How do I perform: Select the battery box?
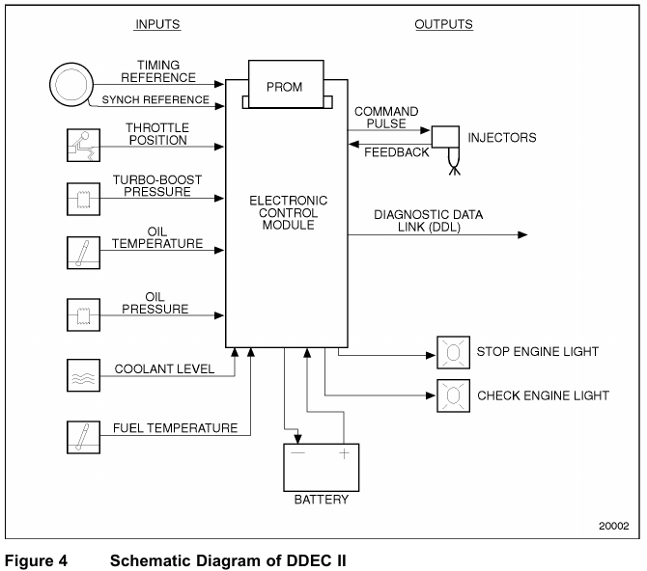point(320,468)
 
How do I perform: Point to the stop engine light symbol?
point(451,353)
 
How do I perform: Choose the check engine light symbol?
point(451,395)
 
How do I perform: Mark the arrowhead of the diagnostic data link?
point(522,234)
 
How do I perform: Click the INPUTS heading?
point(156,24)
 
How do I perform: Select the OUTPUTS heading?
point(443,24)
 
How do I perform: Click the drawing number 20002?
point(613,527)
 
